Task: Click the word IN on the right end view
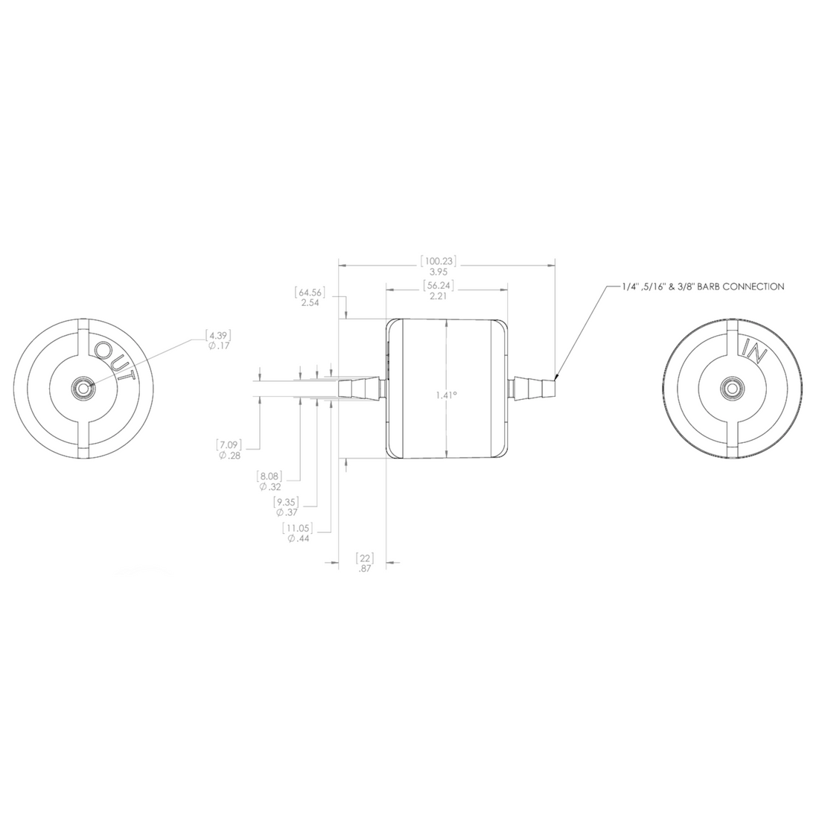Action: click(x=755, y=348)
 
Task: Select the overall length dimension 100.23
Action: click(x=439, y=261)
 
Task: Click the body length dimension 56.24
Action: click(x=439, y=285)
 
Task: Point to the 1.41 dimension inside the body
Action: click(x=446, y=395)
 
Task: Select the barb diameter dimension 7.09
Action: click(x=228, y=444)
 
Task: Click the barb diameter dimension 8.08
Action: click(x=268, y=475)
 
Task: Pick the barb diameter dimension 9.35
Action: click(x=287, y=502)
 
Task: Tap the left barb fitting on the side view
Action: click(x=362, y=388)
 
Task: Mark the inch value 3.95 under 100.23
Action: click(x=439, y=273)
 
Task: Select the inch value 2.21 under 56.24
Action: click(x=439, y=296)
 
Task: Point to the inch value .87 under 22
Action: click(x=364, y=567)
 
